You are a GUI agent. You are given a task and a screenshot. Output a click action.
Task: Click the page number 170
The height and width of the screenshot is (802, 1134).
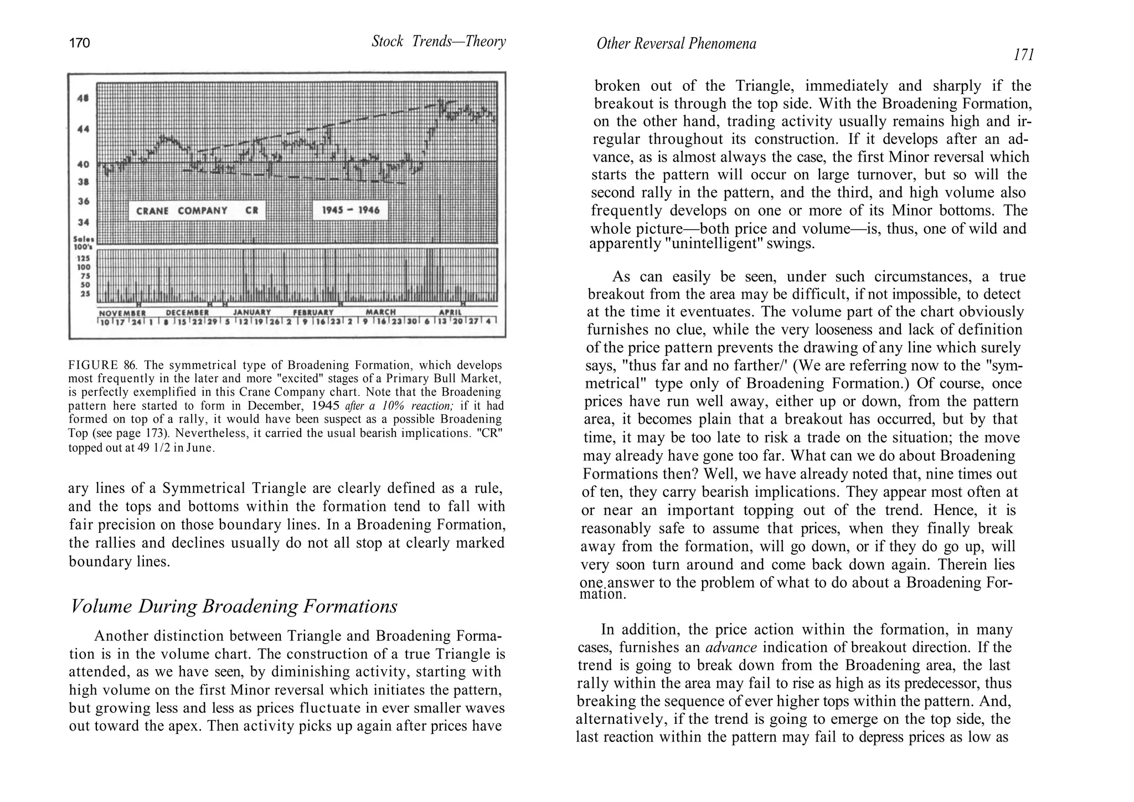[79, 43]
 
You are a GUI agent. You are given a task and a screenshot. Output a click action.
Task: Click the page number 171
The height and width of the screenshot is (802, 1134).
[1023, 55]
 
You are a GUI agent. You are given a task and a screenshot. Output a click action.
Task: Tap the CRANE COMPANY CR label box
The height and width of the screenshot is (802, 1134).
[197, 211]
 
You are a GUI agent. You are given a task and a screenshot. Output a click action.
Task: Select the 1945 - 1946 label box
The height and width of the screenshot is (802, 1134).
[350, 211]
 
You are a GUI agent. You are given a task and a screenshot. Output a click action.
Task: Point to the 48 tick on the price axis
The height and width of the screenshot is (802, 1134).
[83, 99]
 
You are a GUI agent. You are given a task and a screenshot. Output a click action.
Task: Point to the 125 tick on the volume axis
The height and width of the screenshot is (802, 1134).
[83, 258]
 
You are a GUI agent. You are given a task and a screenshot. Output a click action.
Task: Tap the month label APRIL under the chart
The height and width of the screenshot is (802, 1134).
[450, 313]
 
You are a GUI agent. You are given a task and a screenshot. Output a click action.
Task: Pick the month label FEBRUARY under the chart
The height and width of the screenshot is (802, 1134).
[313, 313]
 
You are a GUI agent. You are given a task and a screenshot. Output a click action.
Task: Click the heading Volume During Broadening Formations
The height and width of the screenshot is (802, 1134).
[234, 606]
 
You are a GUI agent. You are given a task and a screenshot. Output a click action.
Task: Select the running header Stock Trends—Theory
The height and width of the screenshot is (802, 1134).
[439, 42]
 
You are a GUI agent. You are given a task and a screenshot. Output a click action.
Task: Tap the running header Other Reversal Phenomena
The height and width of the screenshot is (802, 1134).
[676, 44]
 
